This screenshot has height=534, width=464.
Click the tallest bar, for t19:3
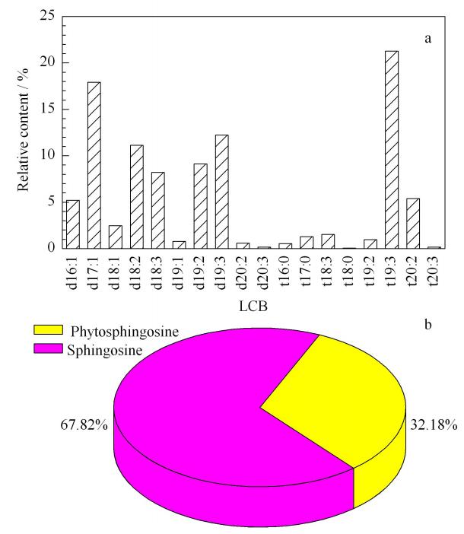point(392,150)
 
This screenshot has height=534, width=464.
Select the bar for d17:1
point(94,165)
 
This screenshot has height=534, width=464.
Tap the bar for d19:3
point(221,192)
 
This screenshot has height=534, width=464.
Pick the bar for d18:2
point(137,197)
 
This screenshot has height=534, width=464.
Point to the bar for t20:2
point(413,224)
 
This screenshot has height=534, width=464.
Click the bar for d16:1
point(73,224)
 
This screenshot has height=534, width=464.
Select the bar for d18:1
point(116,237)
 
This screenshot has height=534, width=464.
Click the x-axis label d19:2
point(201,272)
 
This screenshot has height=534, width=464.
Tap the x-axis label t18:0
point(349,272)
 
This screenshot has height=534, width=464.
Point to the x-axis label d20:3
point(264,272)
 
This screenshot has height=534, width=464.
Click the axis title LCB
point(253,307)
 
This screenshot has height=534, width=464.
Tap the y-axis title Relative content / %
point(23,129)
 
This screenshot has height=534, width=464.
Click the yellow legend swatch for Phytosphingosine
point(48,329)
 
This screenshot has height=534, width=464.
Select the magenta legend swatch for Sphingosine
point(48,348)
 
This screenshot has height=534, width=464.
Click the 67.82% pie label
point(84,424)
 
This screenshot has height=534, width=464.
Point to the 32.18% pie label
point(434,424)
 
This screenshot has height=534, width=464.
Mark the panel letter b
point(428,325)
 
